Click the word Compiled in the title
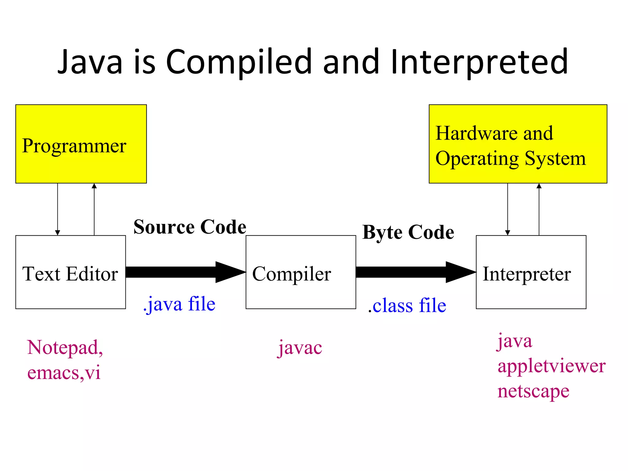pos(239,62)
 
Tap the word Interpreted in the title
pos(479,62)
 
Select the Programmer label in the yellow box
pos(74,146)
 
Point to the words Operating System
pos(510,159)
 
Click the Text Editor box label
pos(70,274)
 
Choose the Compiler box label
pos(291,274)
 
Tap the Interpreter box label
pos(527,274)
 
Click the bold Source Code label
pos(190,227)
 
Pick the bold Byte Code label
pos(408,232)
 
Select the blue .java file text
pos(179,304)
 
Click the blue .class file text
pos(407,306)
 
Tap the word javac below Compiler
pos(300,348)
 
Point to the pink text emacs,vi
pos(64,373)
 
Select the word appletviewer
pos(551,366)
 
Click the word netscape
pos(533,391)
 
